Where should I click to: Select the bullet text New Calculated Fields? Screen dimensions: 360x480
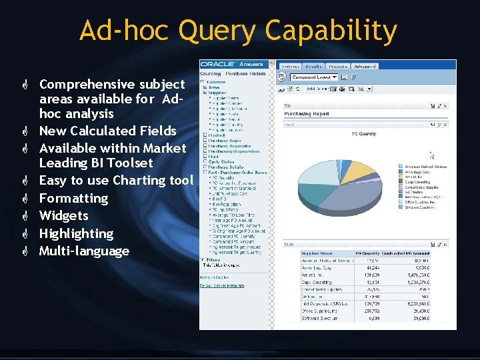pyautogui.click(x=107, y=131)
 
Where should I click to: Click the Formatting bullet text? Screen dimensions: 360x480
pyautogui.click(x=73, y=198)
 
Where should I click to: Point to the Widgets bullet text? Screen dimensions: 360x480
pyautogui.click(x=63, y=215)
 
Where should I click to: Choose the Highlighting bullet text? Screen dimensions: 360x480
pyautogui.click(x=76, y=233)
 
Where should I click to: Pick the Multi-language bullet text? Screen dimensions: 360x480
pyautogui.click(x=84, y=251)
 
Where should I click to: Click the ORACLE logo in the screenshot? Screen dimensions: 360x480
pyautogui.click(x=217, y=65)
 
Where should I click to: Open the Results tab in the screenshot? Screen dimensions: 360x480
pyautogui.click(x=313, y=67)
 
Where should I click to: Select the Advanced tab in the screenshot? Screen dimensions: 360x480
pyautogui.click(x=365, y=67)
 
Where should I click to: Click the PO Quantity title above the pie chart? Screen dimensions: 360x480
pyautogui.click(x=363, y=134)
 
